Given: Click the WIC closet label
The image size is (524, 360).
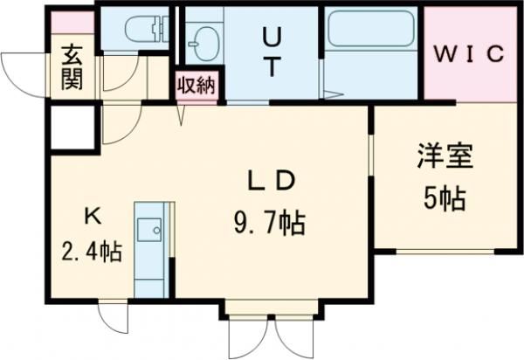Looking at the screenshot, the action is (469, 54).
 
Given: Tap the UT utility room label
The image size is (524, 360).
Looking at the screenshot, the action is (272, 52).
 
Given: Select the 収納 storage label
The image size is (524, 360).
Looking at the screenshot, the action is (196, 85).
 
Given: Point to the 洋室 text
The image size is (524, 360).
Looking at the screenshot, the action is (445, 156).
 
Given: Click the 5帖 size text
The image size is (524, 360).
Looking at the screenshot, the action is (445, 198).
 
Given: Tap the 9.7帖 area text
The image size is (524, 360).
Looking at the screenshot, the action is (269, 224).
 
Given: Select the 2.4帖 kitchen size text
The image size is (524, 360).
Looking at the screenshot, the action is (91, 251).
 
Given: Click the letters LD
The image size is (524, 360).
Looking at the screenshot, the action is (271, 181).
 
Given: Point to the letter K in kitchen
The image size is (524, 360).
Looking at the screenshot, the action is (93, 216).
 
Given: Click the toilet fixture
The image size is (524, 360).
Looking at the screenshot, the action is (147, 29).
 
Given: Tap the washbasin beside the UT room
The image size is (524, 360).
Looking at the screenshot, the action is (203, 44).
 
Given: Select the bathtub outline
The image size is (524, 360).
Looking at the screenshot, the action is (370, 29).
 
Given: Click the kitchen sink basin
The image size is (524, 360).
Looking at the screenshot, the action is (149, 230).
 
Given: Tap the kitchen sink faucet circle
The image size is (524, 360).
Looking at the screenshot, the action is (156, 230).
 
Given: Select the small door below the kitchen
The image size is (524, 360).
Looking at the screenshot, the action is (114, 317).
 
